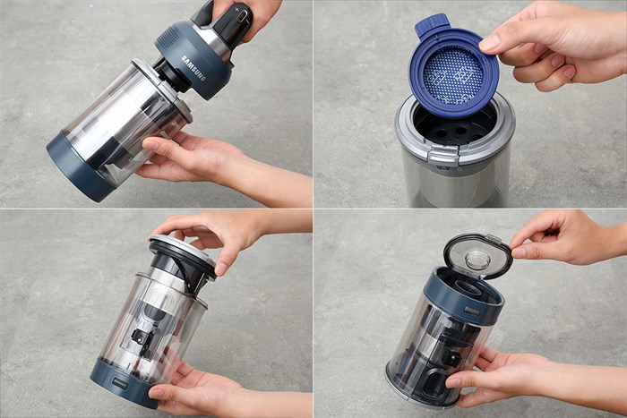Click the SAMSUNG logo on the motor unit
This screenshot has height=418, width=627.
[x=193, y=68]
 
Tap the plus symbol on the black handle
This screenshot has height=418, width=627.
[x=237, y=8]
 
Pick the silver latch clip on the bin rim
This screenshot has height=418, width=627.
[x=443, y=155]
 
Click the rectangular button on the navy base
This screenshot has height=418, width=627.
[x=119, y=382]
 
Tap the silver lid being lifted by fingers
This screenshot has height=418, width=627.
[x=183, y=250]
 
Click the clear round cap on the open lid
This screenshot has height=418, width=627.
[x=477, y=260]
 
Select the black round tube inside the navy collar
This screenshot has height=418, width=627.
[x=467, y=287]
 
